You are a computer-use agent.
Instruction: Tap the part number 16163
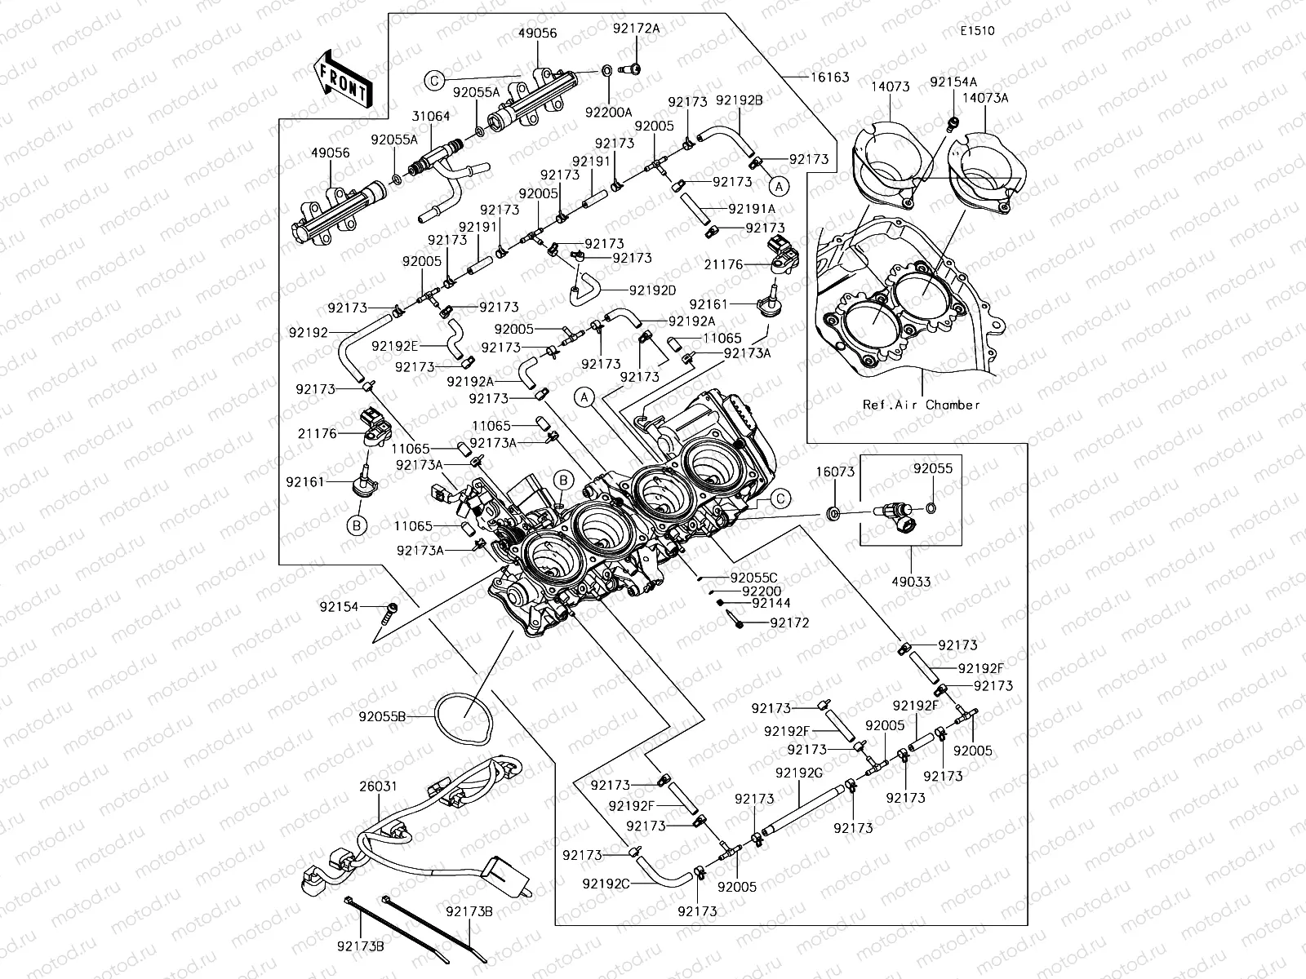pyautogui.click(x=829, y=78)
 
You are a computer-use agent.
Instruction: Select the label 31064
pyautogui.click(x=431, y=117)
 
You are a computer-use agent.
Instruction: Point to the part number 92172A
pyautogui.click(x=636, y=29)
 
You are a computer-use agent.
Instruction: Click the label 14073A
pyautogui.click(x=984, y=98)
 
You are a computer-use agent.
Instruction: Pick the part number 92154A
pyautogui.click(x=953, y=82)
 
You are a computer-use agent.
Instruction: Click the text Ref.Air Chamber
pyautogui.click(x=922, y=405)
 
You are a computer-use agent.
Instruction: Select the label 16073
pyautogui.click(x=836, y=472)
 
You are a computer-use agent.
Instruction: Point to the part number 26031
pyautogui.click(x=378, y=786)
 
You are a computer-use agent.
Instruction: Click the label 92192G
pyautogui.click(x=799, y=773)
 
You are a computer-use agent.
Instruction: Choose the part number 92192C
pyautogui.click(x=606, y=884)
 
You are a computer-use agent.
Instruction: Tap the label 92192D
pyautogui.click(x=652, y=290)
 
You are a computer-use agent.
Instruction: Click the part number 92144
pyautogui.click(x=771, y=603)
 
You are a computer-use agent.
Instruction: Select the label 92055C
pyautogui.click(x=754, y=578)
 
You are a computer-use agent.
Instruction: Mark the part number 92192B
pyautogui.click(x=739, y=100)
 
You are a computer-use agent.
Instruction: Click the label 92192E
pyautogui.click(x=395, y=346)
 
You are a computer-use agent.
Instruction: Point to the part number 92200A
pyautogui.click(x=609, y=113)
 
